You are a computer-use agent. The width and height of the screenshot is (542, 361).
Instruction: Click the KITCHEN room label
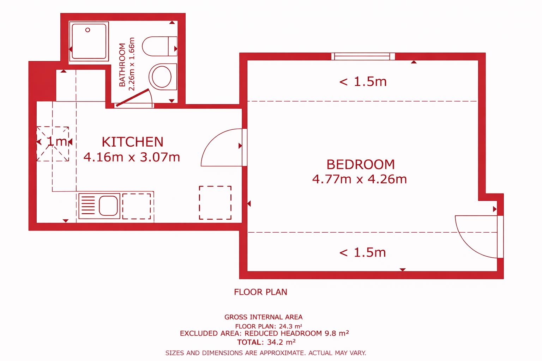[132, 142]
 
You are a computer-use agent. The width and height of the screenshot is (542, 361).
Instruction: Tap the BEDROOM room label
[360, 164]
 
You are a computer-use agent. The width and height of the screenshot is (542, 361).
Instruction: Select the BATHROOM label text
[122, 65]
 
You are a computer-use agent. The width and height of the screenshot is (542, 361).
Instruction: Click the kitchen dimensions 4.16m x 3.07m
[132, 157]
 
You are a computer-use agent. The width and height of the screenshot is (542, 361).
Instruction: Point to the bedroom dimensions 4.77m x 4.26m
[360, 179]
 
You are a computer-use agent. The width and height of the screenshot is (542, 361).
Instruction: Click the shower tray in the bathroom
[89, 41]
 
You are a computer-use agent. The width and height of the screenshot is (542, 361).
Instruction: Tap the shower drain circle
[88, 30]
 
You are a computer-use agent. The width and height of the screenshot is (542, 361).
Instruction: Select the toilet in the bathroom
[159, 46]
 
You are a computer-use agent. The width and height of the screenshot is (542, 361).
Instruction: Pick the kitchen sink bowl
[108, 206]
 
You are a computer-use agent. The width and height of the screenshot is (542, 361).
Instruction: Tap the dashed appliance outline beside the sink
[136, 206]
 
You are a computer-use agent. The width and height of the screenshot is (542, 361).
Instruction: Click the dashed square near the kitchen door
[215, 202]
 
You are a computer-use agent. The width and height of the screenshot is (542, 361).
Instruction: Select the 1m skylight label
[56, 141]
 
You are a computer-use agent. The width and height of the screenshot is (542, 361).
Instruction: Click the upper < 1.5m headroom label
[363, 81]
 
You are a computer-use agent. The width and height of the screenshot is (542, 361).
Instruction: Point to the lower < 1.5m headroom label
[362, 252]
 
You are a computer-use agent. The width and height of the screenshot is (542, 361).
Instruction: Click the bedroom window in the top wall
[363, 56]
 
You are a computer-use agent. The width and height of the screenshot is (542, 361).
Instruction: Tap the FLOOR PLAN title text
[260, 292]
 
